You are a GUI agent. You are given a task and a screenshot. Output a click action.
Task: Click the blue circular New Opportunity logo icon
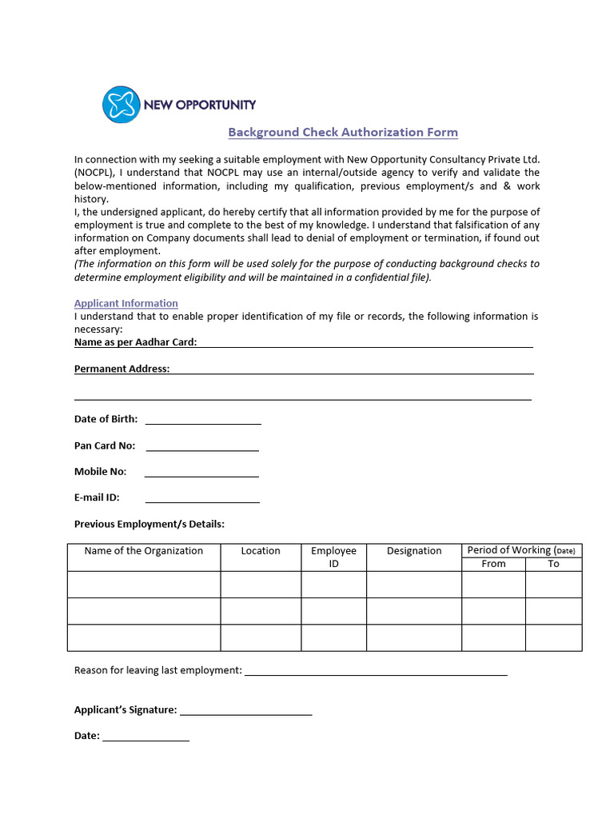[x=121, y=105]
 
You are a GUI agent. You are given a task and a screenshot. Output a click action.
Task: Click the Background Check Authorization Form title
[x=343, y=132]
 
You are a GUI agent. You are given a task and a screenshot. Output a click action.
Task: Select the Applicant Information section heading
[x=126, y=303]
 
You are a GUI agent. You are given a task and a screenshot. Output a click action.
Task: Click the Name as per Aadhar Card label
[x=135, y=342]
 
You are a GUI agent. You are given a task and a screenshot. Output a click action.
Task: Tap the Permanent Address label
[x=122, y=369]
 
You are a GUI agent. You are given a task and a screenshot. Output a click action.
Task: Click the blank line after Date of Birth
[x=203, y=420]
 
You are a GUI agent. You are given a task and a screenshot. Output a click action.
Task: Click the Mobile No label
[x=100, y=472]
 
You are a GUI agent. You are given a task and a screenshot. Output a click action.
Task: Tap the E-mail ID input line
[x=202, y=498]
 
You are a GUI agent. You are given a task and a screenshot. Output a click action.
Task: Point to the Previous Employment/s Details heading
[x=150, y=524]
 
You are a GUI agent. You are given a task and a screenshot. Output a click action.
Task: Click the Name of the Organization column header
[x=144, y=551]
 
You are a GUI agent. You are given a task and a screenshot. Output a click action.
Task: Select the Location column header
[x=261, y=551]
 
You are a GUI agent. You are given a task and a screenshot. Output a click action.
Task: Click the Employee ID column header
[x=333, y=557]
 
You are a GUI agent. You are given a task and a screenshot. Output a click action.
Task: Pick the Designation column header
[x=414, y=551]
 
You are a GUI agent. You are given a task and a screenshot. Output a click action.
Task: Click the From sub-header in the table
[x=493, y=564]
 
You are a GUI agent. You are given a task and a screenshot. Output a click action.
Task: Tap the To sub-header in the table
[x=553, y=564]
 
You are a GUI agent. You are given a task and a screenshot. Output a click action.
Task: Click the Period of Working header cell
[x=521, y=550]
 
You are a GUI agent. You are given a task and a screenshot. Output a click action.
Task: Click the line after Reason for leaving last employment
[x=376, y=671]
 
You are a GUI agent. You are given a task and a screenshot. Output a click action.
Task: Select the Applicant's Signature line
[x=245, y=710]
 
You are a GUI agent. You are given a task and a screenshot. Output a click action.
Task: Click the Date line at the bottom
[x=146, y=737]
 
